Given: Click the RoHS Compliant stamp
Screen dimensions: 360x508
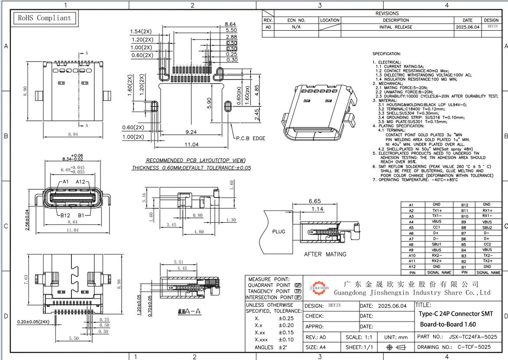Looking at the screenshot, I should (43, 18).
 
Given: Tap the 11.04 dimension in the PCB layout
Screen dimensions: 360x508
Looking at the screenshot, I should (191, 144).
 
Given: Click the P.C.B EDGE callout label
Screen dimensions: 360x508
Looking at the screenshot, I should (250, 139).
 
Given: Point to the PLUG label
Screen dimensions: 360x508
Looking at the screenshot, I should (278, 231).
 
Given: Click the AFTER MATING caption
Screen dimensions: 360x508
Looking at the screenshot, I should (325, 254).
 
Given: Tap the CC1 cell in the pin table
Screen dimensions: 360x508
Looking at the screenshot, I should (437, 227).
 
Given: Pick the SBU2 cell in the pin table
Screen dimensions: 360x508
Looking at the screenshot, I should (487, 227).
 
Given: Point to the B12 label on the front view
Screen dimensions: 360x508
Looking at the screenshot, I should (65, 215).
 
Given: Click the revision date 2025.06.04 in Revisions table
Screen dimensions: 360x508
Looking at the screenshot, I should (468, 27).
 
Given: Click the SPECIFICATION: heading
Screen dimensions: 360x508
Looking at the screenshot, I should (387, 54).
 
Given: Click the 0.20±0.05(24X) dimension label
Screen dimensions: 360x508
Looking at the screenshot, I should (33, 322).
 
